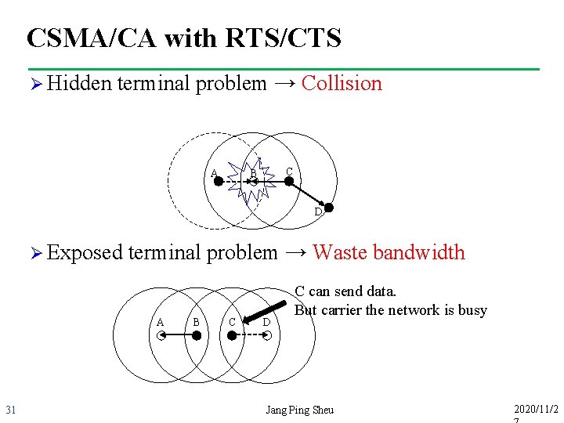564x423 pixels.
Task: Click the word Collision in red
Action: coord(342,83)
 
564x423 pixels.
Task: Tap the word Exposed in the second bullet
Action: coord(85,252)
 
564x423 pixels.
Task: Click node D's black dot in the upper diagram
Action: coord(329,208)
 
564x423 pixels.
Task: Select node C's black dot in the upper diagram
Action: coord(288,181)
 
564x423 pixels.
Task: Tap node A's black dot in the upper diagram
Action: coord(219,181)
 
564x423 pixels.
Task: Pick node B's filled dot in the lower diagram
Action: coord(197,335)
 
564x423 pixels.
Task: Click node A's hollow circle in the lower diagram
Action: coord(160,335)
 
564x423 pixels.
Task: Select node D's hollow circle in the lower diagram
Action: coord(267,335)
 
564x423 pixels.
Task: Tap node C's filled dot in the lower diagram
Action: coord(232,335)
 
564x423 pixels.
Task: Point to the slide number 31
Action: coord(11,410)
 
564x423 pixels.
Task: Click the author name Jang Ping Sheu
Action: coord(299,410)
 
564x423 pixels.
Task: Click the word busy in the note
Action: coord(472,309)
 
